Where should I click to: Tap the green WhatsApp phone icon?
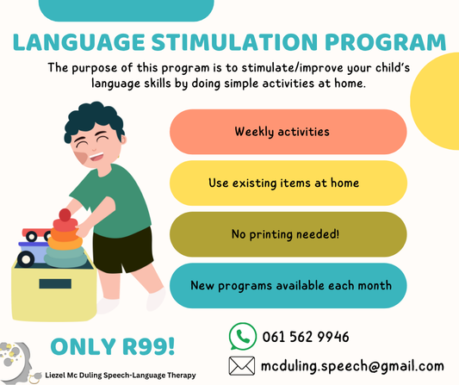tap(242, 336)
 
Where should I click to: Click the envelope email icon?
tap(242, 365)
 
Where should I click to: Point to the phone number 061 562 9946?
tap(306, 337)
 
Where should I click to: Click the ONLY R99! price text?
tap(112, 346)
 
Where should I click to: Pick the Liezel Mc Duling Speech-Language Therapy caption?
tap(120, 376)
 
